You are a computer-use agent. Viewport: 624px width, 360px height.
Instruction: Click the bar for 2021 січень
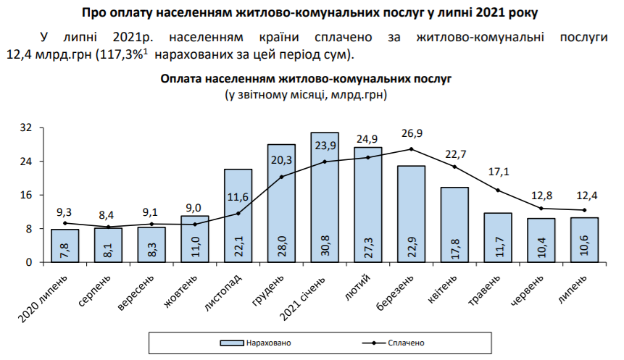tap(325, 197)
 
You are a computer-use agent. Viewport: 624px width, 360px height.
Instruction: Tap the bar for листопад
tap(238, 215)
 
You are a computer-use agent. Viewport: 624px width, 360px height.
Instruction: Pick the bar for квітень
tap(454, 225)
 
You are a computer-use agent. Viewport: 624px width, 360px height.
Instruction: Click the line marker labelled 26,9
tap(411, 149)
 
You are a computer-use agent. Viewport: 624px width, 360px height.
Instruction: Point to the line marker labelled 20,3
tap(281, 177)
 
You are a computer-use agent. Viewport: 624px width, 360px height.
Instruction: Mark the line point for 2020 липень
tap(65, 223)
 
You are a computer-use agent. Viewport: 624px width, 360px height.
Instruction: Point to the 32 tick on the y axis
tap(26, 128)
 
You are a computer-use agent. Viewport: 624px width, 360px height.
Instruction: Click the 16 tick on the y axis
tap(26, 196)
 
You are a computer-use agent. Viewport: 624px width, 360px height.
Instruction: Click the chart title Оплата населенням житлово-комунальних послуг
tap(305, 79)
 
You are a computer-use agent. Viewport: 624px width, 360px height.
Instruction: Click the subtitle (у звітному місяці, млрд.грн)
tap(305, 94)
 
